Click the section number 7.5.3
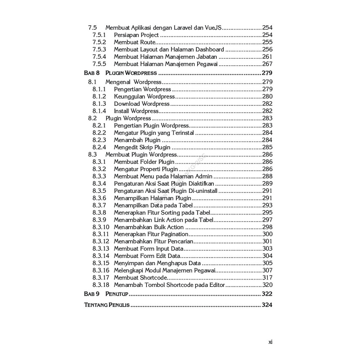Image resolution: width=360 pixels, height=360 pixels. coord(99,49)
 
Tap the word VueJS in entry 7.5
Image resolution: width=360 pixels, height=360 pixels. coord(212,27)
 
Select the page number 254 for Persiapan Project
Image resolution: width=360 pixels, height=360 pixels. coord(267,35)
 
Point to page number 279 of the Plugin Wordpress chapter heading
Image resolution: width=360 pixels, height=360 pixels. coord(267,73)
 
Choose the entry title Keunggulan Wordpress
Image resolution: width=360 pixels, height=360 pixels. coord(144,96)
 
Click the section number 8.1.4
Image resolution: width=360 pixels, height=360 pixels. coord(99,111)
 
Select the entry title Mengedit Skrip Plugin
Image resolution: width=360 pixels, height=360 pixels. coord(142,147)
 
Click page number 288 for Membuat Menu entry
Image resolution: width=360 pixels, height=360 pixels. coord(267,176)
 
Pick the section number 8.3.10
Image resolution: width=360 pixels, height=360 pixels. coord(101,227)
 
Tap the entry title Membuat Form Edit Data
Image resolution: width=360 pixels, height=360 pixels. coord(147,256)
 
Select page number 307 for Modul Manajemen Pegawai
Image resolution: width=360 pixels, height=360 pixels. coord(267,270)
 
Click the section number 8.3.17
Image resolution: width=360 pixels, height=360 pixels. coord(101,278)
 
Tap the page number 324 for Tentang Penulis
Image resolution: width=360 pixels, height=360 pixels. coord(267,305)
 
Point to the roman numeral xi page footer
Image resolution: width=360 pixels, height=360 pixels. coord(270,342)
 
